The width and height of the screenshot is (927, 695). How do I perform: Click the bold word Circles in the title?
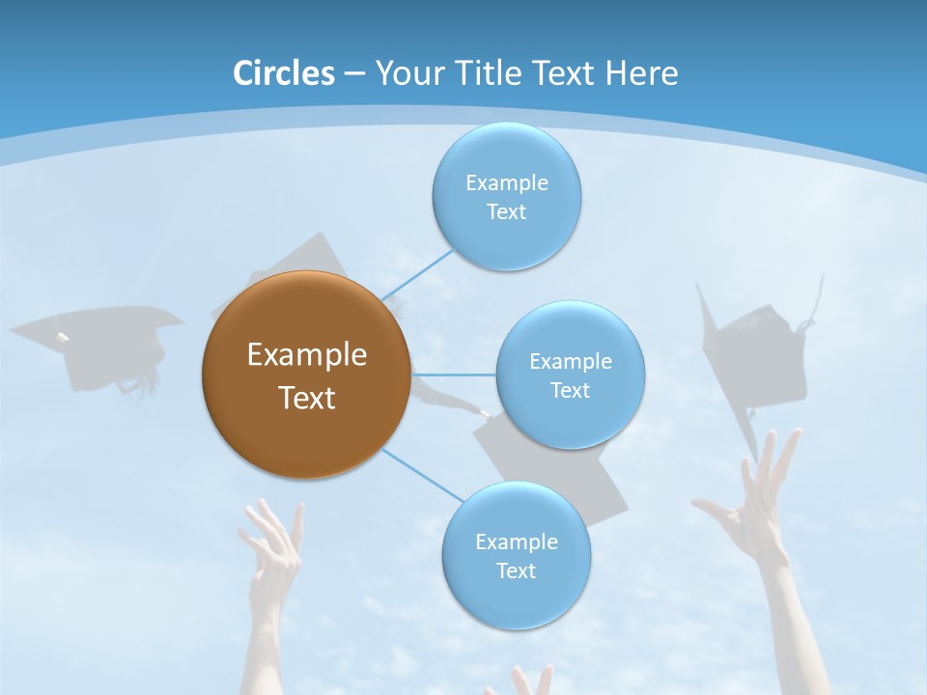tap(284, 73)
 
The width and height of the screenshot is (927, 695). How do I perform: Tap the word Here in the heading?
tap(641, 73)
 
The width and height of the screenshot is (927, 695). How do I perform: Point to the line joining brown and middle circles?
tap(454, 375)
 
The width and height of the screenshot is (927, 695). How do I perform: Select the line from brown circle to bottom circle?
tap(423, 475)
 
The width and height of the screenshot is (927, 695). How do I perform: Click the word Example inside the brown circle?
tap(306, 355)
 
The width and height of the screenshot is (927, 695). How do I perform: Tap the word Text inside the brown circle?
tap(306, 398)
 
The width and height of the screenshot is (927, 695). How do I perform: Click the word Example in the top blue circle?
tap(506, 182)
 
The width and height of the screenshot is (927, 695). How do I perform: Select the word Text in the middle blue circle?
tap(570, 391)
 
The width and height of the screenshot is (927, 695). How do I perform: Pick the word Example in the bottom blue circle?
tap(516, 542)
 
